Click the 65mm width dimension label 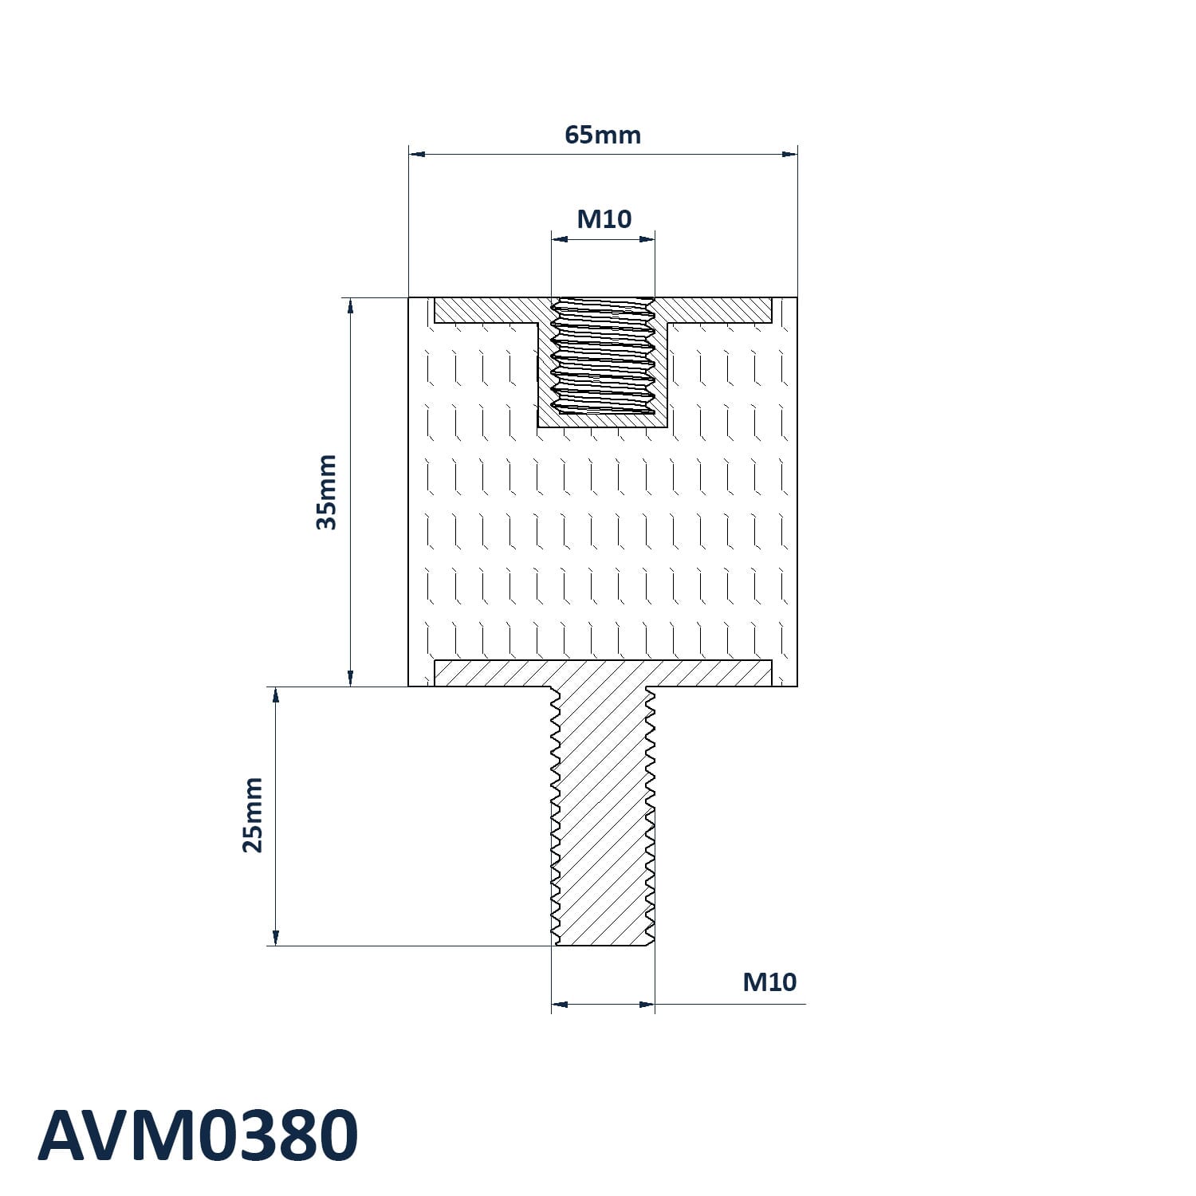tap(603, 135)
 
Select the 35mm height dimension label tap(327, 492)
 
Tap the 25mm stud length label tap(252, 815)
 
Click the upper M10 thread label tap(604, 218)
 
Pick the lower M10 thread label tap(769, 982)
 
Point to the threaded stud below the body tap(603, 816)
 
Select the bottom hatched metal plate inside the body tap(603, 673)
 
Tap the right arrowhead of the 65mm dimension tap(789, 153)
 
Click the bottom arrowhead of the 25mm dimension tap(276, 938)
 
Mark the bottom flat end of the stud tap(603, 946)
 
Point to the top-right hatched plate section tap(714, 310)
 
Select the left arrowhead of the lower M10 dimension tap(560, 1004)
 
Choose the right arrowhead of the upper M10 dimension tap(647, 238)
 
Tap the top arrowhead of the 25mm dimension tap(276, 695)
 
